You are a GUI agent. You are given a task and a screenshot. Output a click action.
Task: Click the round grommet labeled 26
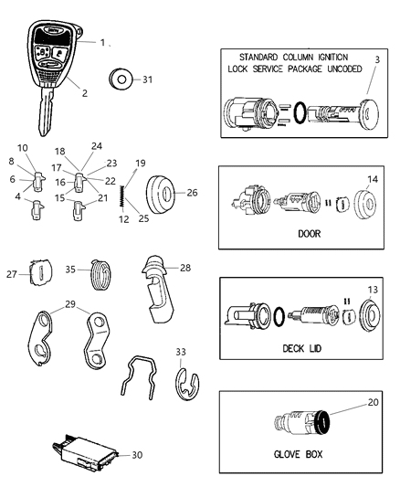[166, 194]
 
